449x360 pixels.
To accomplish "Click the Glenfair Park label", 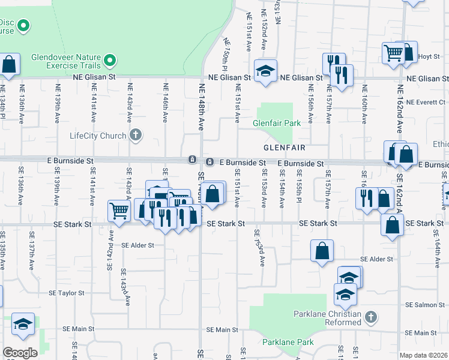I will (276, 122).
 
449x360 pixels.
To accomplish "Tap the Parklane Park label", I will (288, 343).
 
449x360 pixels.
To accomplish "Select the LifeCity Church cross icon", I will (136, 135).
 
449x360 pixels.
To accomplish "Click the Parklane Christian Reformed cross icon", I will (371, 316).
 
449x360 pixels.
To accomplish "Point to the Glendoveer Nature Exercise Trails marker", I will (110, 60).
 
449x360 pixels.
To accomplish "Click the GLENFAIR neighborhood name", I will (285, 147).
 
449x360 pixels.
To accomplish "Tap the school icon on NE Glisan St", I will (265, 71).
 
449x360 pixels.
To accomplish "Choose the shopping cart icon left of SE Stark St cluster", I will (119, 211).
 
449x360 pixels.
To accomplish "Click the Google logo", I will (20, 353).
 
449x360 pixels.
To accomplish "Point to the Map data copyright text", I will (424, 355).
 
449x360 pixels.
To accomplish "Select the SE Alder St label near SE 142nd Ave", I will (138, 245).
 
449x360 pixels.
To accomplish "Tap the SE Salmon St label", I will (424, 305).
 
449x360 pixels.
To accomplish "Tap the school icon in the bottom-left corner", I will (23, 325).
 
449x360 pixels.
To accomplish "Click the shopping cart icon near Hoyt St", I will (394, 52).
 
